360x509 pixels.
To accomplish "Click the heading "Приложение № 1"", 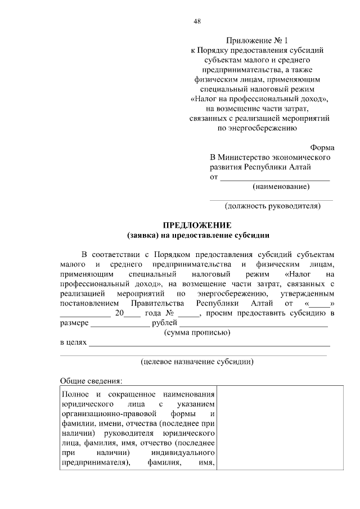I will pos(256,40).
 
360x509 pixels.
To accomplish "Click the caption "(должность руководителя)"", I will pos(273,206).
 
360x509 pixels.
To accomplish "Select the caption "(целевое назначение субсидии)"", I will pos(197,362).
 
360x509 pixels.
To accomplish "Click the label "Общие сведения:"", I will pos(87,381).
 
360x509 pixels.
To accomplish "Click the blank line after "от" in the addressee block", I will pos(274,178).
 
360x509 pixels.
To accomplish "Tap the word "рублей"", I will pos(165,323).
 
